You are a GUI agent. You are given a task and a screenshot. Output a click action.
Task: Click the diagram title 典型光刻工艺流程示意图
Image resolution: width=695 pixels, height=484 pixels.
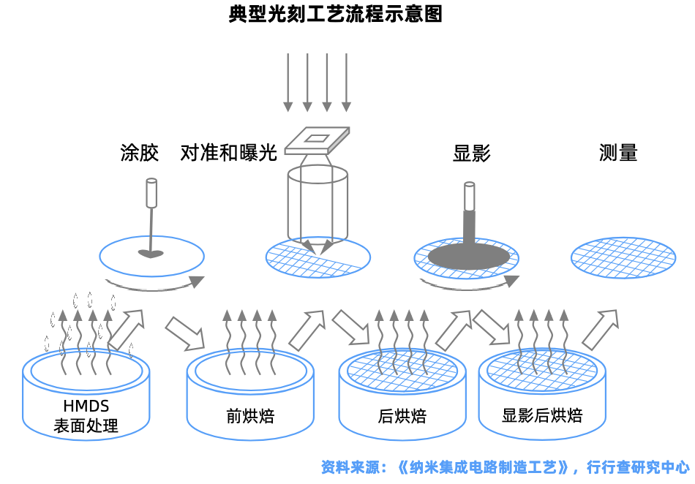click(x=336, y=15)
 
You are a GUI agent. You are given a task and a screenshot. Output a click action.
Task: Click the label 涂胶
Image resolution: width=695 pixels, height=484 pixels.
click(x=139, y=153)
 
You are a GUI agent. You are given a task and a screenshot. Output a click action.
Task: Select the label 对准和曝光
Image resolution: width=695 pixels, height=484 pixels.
click(x=228, y=153)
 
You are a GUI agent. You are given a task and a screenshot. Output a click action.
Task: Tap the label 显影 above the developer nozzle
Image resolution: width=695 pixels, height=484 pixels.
click(x=472, y=153)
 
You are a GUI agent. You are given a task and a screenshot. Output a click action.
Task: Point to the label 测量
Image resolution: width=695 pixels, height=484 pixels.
click(x=618, y=153)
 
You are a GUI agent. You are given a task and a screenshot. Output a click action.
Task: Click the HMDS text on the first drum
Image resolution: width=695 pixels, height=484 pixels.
click(x=86, y=407)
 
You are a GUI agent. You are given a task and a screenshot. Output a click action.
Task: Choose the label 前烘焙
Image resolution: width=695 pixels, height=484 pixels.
click(x=250, y=417)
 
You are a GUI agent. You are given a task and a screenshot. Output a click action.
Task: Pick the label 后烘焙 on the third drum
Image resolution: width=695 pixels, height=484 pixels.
click(x=402, y=417)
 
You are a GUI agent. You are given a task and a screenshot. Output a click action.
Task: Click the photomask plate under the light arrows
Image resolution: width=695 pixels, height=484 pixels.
click(x=318, y=140)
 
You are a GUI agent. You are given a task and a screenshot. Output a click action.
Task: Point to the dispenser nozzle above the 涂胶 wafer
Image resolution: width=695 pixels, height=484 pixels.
click(x=151, y=193)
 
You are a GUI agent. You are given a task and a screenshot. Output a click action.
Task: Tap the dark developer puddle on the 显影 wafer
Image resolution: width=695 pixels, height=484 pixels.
click(x=468, y=256)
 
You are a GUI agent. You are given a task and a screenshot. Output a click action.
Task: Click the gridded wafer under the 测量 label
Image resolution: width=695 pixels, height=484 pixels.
click(x=623, y=257)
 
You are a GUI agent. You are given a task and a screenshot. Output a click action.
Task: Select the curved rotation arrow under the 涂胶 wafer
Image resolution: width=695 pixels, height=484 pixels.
click(x=154, y=284)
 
